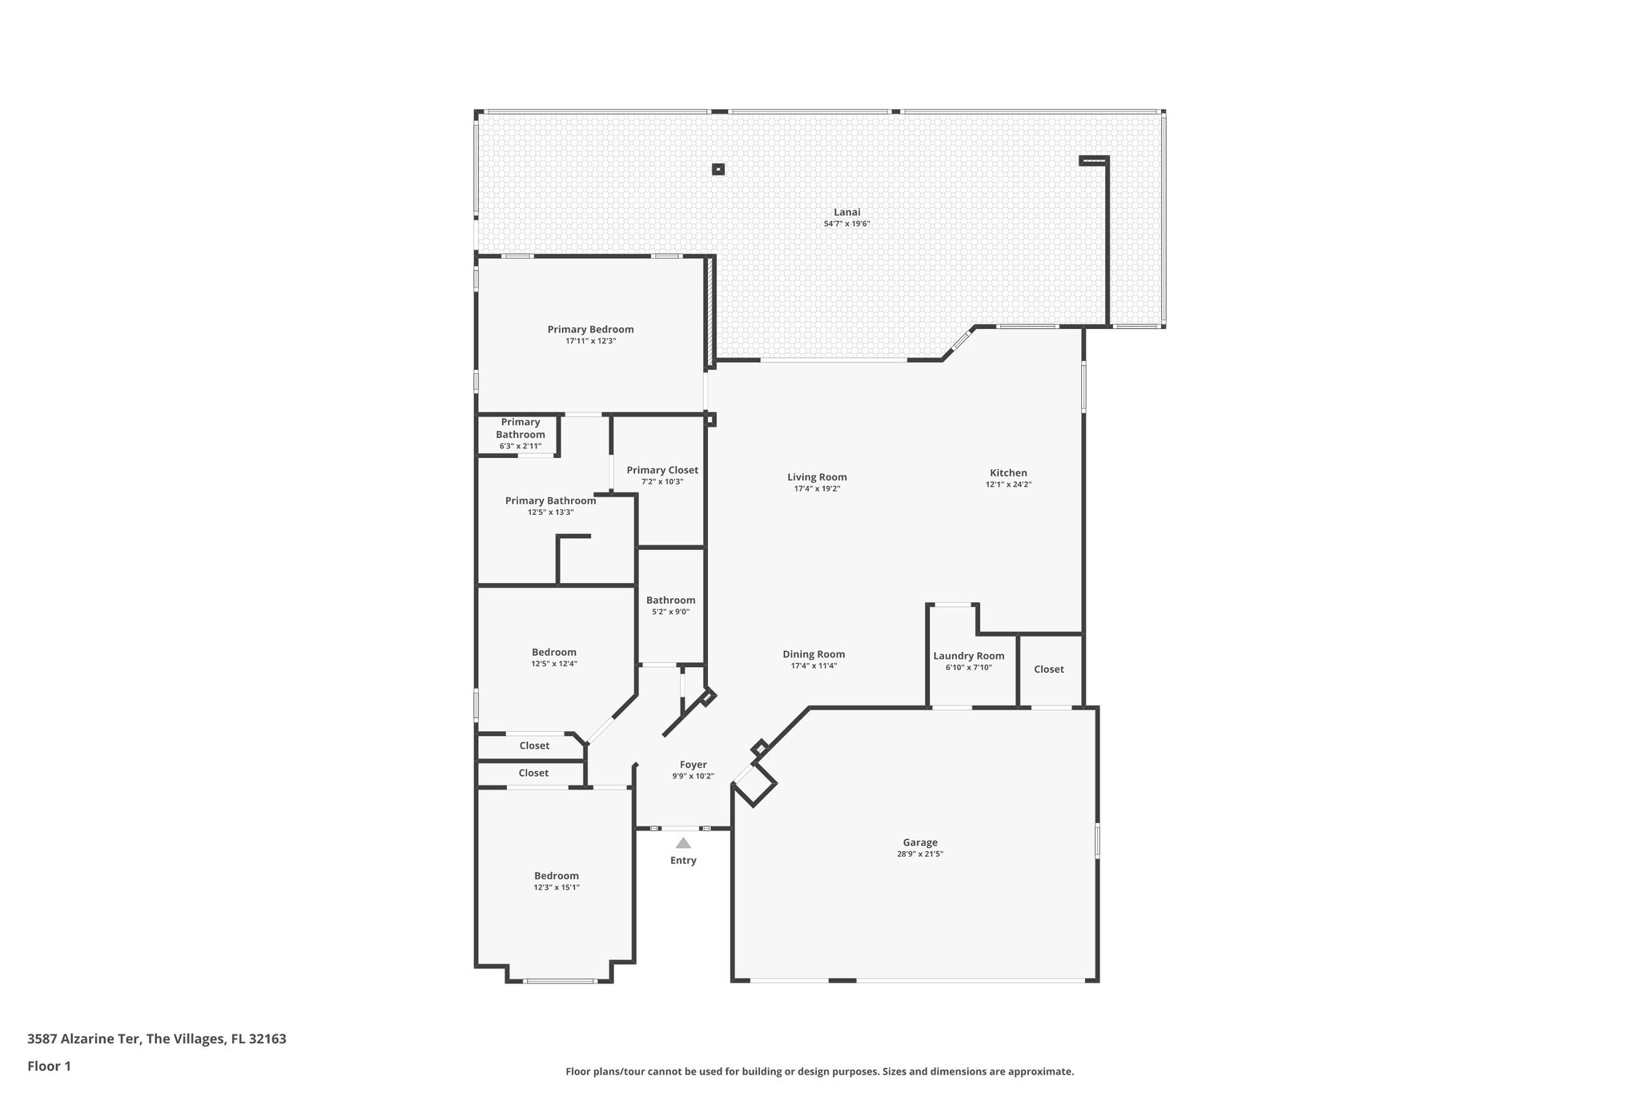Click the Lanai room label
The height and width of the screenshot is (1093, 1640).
[846, 212]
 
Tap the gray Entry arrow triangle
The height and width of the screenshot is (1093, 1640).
[683, 843]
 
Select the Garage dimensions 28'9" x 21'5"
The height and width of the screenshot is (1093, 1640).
[920, 854]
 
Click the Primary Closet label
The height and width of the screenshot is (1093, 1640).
[662, 470]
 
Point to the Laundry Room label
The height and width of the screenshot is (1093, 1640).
[968, 656]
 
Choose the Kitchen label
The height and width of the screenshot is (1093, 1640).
[1008, 472]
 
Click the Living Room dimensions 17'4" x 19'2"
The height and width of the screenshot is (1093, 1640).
[817, 488]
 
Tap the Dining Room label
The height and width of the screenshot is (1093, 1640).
[814, 654]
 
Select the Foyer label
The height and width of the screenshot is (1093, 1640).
[693, 765]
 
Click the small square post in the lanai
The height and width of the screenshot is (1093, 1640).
[718, 169]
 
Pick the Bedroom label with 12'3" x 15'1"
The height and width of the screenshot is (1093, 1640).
[557, 876]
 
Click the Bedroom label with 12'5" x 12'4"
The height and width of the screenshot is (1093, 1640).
[554, 652]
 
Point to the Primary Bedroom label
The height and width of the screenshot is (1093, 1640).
[590, 329]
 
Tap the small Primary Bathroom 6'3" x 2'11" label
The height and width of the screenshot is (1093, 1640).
[521, 428]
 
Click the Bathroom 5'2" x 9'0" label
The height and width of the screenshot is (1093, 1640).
[670, 600]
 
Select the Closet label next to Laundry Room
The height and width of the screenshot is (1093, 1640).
[1048, 669]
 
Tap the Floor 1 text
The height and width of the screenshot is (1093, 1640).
[49, 1066]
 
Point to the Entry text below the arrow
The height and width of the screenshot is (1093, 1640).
[683, 861]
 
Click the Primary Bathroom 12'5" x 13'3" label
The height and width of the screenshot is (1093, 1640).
[550, 500]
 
